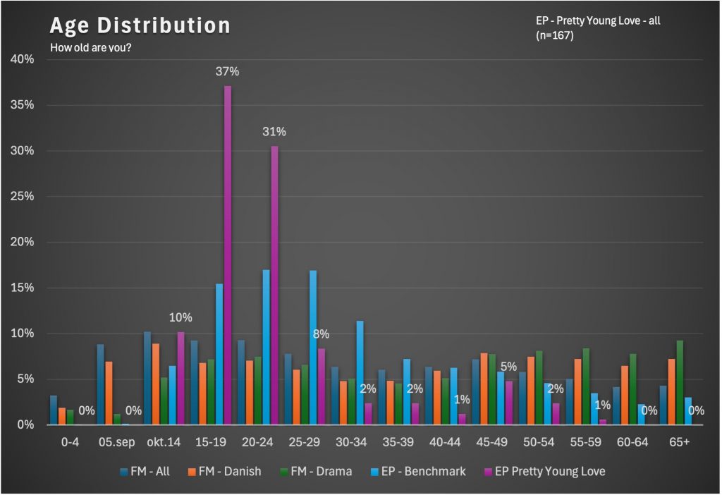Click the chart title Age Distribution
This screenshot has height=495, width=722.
pos(140,26)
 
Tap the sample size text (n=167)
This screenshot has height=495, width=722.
pos(555,35)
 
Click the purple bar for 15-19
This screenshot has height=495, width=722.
pos(228,254)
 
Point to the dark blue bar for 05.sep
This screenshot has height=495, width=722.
pos(100,384)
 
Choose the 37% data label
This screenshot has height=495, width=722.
pos(228,71)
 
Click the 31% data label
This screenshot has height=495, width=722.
pos(274,132)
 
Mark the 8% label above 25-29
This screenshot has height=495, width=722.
pos(321,334)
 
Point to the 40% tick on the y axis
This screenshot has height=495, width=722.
pos(22,59)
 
